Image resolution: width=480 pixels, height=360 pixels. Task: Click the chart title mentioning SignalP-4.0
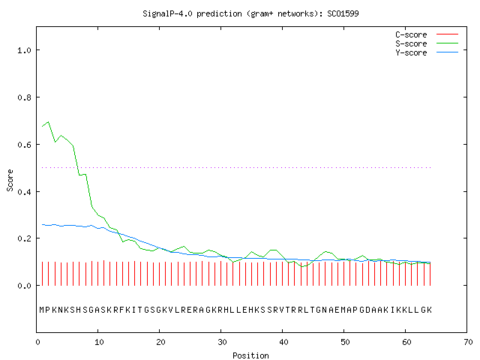tap(250, 13)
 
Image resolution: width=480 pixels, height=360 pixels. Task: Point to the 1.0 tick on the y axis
tap(24, 50)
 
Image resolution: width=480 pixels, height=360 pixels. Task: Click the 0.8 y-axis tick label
tap(24, 97)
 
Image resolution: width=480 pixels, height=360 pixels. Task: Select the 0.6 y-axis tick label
tap(24, 145)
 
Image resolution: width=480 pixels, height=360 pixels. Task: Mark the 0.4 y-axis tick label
tap(24, 192)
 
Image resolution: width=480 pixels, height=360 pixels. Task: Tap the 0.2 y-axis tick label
tap(24, 238)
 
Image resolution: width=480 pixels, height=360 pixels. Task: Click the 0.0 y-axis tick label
tap(24, 286)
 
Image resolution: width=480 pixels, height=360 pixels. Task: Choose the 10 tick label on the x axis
tap(99, 342)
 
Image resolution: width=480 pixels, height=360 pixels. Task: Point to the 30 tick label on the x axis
tap(222, 342)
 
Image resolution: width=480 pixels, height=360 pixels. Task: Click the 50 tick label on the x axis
tap(345, 342)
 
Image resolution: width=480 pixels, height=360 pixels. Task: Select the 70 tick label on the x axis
tap(468, 342)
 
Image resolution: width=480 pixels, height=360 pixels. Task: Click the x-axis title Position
tap(250, 355)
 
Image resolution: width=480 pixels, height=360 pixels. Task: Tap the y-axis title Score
tap(10, 180)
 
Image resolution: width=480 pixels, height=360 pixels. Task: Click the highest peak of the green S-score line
tap(48, 121)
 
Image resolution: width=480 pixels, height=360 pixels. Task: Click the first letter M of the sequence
tap(42, 310)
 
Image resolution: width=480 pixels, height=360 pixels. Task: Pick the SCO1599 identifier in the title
tap(343, 13)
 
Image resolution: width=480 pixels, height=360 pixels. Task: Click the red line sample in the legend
tap(447, 34)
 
